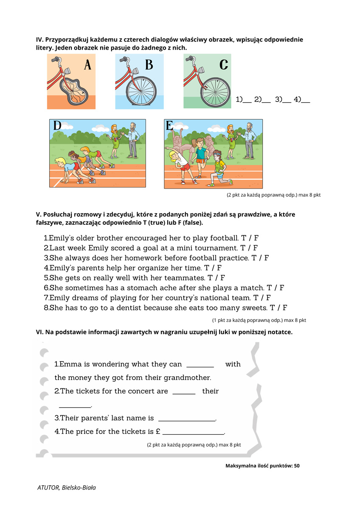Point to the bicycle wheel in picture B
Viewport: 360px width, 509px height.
pyautogui.click(x=141, y=90)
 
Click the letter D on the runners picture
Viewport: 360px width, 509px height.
pyautogui.click(x=57, y=126)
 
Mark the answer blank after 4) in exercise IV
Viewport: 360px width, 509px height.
pyautogui.click(x=305, y=101)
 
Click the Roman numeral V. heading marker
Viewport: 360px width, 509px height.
pyautogui.click(x=39, y=215)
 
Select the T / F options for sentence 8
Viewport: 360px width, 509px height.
pyautogui.click(x=278, y=308)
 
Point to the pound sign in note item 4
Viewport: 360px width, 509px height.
pyautogui.click(x=157, y=432)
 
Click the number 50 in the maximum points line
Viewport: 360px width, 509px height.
pyautogui.click(x=296, y=466)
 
